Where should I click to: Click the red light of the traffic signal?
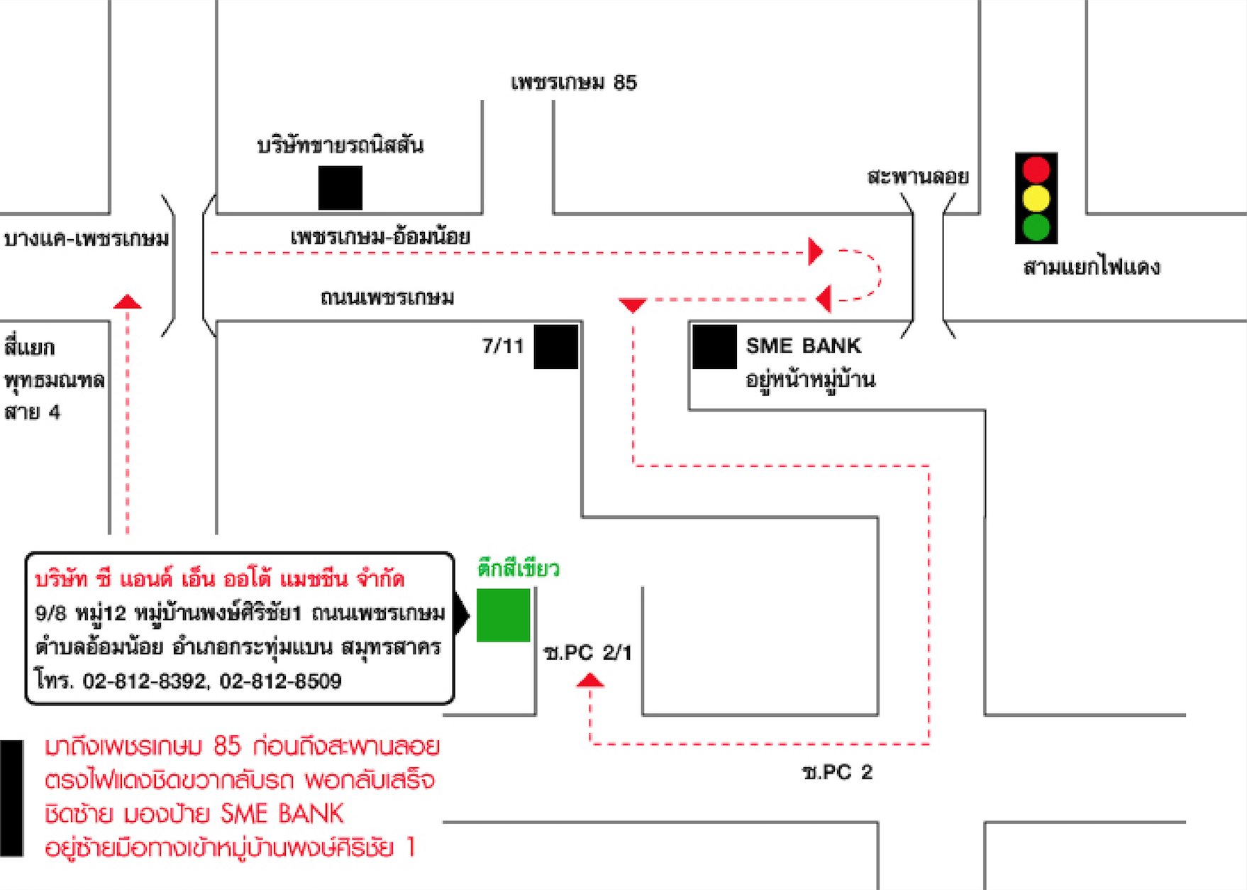click(1036, 170)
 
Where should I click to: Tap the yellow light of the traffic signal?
click(1036, 199)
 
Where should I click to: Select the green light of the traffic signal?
click(1036, 228)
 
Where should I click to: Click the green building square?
click(503, 615)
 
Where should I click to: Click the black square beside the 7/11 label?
click(555, 346)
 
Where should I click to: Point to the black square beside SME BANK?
click(714, 346)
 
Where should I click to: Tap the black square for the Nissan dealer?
click(340, 188)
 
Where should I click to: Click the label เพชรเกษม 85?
click(573, 83)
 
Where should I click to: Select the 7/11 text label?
click(502, 346)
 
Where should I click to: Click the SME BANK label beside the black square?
click(803, 346)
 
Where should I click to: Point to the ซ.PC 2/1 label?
click(587, 653)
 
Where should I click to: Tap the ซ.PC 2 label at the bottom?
click(837, 772)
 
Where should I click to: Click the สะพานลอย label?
click(917, 177)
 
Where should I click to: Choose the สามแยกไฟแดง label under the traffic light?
click(1092, 268)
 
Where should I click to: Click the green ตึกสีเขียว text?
click(518, 569)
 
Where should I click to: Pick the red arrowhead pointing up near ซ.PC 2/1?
click(589, 681)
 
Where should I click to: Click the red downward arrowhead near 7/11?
click(632, 305)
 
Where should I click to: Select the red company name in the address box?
click(219, 580)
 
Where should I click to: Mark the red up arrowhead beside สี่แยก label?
click(127, 302)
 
